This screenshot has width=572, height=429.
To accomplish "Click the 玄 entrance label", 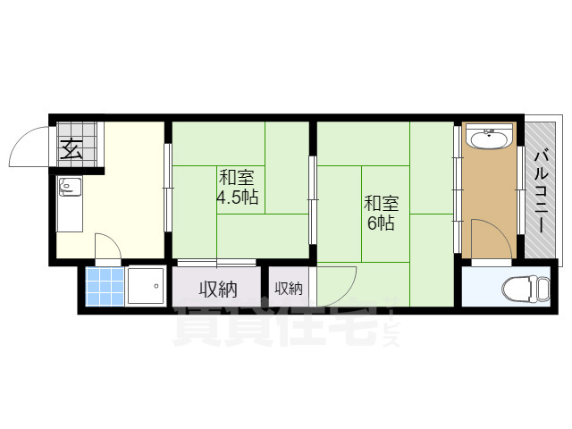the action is [x=71, y=149].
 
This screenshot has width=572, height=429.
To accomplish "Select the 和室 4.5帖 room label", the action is [x=238, y=187].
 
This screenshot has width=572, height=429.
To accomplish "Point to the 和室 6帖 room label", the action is [x=382, y=213].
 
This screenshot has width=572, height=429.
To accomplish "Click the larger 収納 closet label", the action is [x=218, y=290].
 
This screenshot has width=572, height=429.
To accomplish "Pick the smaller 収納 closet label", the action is [x=289, y=289].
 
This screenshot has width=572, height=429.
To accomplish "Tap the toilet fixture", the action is [x=526, y=288].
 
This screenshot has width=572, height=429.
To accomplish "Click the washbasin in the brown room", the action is [x=489, y=139].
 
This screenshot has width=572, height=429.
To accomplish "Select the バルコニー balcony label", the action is [x=542, y=191].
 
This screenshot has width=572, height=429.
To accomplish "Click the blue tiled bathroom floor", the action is [x=105, y=287].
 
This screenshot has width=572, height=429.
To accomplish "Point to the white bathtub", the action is [x=145, y=287].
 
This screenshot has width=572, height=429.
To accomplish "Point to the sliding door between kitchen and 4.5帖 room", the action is [x=167, y=188].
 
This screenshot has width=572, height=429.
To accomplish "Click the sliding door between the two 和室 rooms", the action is [x=313, y=200].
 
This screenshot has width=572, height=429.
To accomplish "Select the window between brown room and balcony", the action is [x=520, y=190].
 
